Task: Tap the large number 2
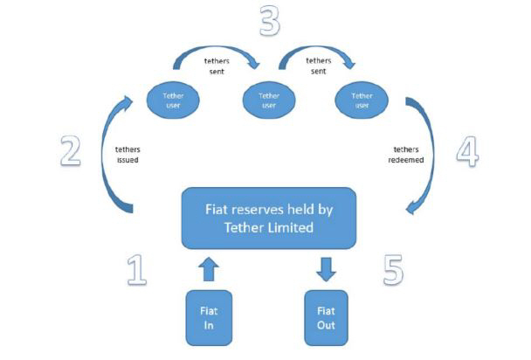tap(70, 149)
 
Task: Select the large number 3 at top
tap(270, 21)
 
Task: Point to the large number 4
tap(469, 151)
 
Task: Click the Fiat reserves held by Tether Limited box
tap(268, 218)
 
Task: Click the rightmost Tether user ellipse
tap(361, 99)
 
